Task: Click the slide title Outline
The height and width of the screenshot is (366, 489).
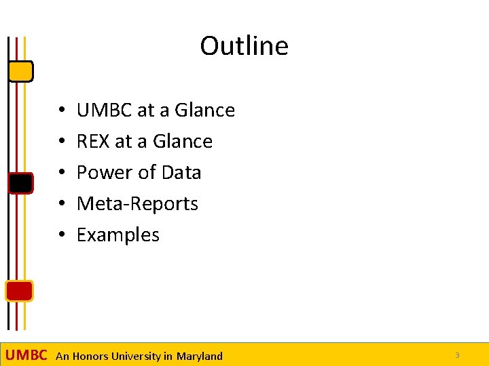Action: (244, 46)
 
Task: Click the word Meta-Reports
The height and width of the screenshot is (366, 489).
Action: (137, 203)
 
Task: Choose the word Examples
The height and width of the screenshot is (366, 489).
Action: (118, 235)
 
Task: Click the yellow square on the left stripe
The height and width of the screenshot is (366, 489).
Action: (21, 70)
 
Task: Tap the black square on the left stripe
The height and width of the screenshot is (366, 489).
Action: (20, 183)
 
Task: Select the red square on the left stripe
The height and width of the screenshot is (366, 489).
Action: (19, 291)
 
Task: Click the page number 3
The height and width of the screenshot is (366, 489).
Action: (457, 355)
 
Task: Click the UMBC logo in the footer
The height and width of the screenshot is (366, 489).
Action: (26, 355)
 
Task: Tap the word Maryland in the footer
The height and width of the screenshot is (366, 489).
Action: (199, 356)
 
